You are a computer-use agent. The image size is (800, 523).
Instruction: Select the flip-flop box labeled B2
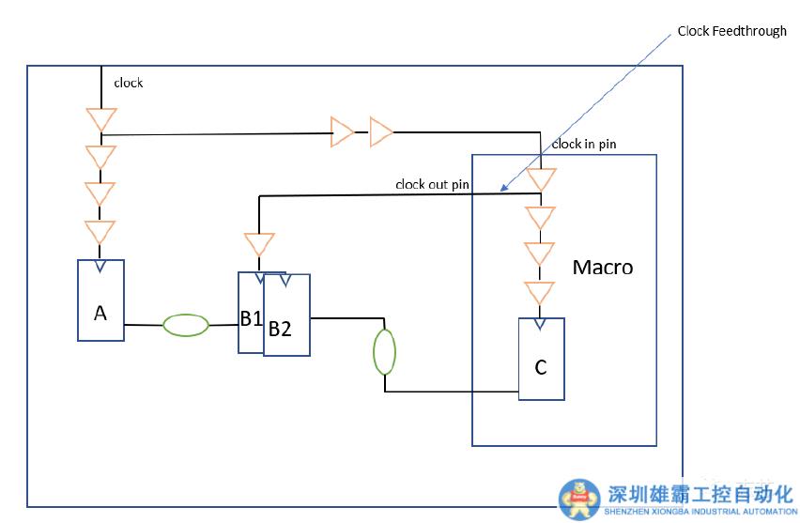[x=286, y=319]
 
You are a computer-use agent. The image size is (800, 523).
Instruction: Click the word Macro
[x=603, y=268]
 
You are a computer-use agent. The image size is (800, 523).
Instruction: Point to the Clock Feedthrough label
[x=731, y=31]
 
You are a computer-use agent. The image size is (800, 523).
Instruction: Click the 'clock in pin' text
[x=583, y=144]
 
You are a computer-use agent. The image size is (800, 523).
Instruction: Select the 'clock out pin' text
[x=432, y=184]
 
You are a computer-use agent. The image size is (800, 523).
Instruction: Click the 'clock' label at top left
[x=129, y=83]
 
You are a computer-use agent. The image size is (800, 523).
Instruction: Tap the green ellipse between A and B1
[x=185, y=325]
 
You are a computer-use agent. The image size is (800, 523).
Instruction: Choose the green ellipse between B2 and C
[x=385, y=352]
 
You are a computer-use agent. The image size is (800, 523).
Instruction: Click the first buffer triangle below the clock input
[x=100, y=120]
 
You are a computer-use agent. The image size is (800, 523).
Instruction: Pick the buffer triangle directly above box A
[x=100, y=232]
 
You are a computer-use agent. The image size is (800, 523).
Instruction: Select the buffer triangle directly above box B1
[x=258, y=245]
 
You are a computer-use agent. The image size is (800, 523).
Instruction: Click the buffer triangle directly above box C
[x=540, y=293]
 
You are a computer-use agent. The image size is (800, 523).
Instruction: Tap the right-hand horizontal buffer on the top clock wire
[x=380, y=132]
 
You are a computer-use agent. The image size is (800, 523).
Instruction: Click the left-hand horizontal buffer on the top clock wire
[x=341, y=132]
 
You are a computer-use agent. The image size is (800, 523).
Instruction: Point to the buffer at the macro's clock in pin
[x=541, y=178]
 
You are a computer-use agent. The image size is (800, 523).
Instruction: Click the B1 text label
[x=250, y=318]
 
